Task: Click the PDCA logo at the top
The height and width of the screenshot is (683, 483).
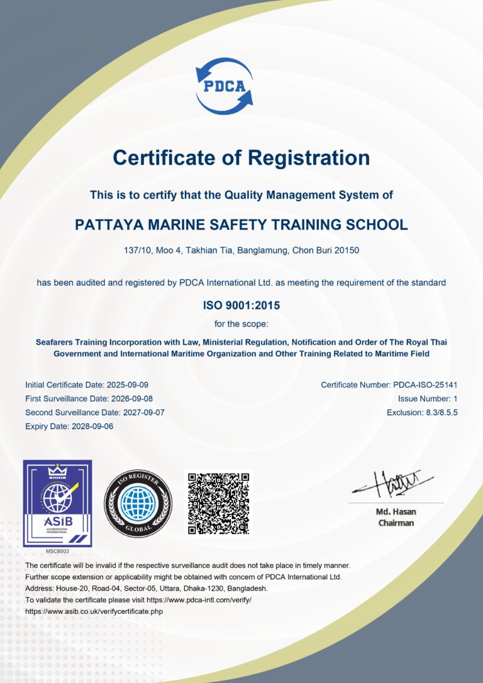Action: click(224, 86)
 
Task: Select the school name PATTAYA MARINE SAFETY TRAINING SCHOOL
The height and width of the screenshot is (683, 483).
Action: click(241, 225)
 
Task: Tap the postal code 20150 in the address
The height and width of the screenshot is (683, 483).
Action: click(345, 250)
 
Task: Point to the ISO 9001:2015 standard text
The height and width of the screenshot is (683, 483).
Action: click(241, 306)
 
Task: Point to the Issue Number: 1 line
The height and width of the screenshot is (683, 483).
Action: click(428, 398)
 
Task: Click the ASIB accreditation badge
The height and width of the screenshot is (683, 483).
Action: click(57, 503)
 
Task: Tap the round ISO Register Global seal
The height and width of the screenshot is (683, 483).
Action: click(138, 503)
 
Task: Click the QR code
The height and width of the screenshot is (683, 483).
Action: click(218, 503)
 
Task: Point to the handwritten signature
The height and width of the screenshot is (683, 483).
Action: click(394, 484)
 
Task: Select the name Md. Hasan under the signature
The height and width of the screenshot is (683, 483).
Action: click(396, 511)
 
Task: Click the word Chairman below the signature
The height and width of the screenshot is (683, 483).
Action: click(396, 523)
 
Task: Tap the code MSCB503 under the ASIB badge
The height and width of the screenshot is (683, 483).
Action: click(57, 551)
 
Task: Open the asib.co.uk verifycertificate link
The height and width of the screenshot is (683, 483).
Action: click(94, 611)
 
